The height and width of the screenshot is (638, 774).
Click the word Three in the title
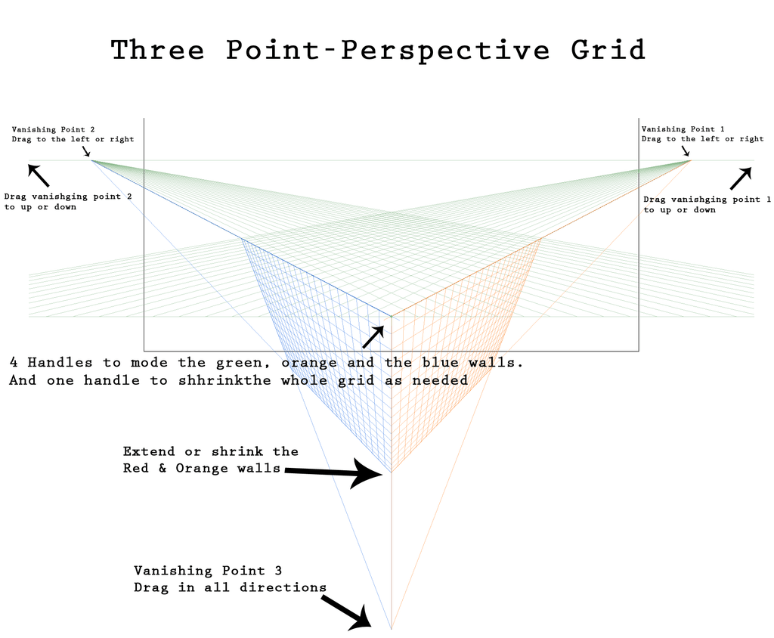tap(157, 50)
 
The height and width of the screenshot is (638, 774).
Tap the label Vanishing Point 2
tap(53, 129)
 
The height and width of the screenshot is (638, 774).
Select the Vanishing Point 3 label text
tap(208, 570)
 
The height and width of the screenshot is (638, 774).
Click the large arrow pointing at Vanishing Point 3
tap(345, 612)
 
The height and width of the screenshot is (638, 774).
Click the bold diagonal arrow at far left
tap(38, 175)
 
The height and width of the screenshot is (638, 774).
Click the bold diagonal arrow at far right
tap(741, 178)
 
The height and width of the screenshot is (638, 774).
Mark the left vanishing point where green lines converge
tap(91, 159)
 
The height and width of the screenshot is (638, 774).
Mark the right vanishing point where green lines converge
tap(691, 159)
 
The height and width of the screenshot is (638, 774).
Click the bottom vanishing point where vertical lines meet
tap(391, 629)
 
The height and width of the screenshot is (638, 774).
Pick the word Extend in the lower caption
tap(149, 451)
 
